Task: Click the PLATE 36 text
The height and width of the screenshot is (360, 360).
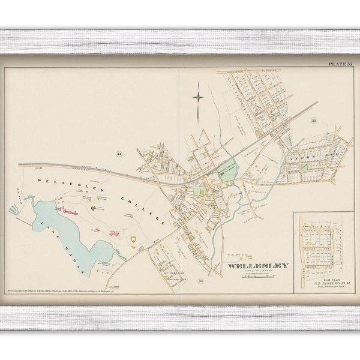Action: click(x=341, y=64)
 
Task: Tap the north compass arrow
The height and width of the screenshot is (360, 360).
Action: click(x=198, y=98)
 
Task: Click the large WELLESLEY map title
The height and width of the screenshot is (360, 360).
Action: click(x=257, y=265)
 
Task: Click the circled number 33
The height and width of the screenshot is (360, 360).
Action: click(x=313, y=121)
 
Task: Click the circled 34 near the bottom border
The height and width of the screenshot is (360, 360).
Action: click(x=200, y=281)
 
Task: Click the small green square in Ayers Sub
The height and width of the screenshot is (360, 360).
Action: click(x=304, y=166)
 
